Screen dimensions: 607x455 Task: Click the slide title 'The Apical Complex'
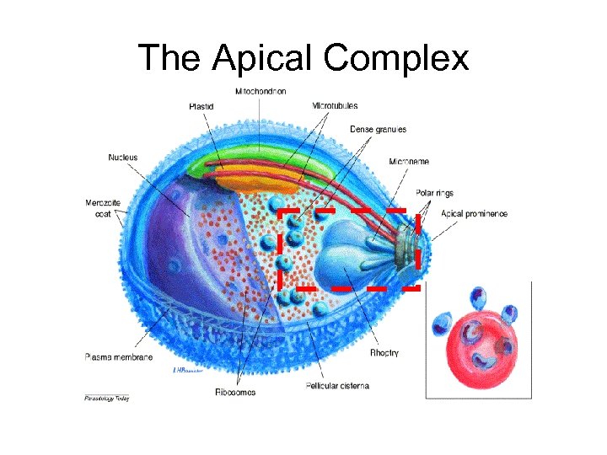pyautogui.click(x=303, y=58)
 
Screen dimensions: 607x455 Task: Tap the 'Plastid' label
pyautogui.click(x=201, y=107)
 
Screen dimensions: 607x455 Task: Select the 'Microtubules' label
pyautogui.click(x=335, y=106)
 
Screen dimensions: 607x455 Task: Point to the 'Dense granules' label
pyautogui.click(x=378, y=130)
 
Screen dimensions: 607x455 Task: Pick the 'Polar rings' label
pyautogui.click(x=433, y=194)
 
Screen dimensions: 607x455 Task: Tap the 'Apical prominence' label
pyautogui.click(x=474, y=214)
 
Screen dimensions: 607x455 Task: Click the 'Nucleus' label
pyautogui.click(x=122, y=158)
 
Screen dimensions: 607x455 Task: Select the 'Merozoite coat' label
pyautogui.click(x=103, y=207)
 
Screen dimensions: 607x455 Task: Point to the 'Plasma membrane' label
pyautogui.click(x=119, y=357)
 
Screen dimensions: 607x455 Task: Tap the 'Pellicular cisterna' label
pyautogui.click(x=336, y=386)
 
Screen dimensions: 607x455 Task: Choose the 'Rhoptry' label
pyautogui.click(x=384, y=352)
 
